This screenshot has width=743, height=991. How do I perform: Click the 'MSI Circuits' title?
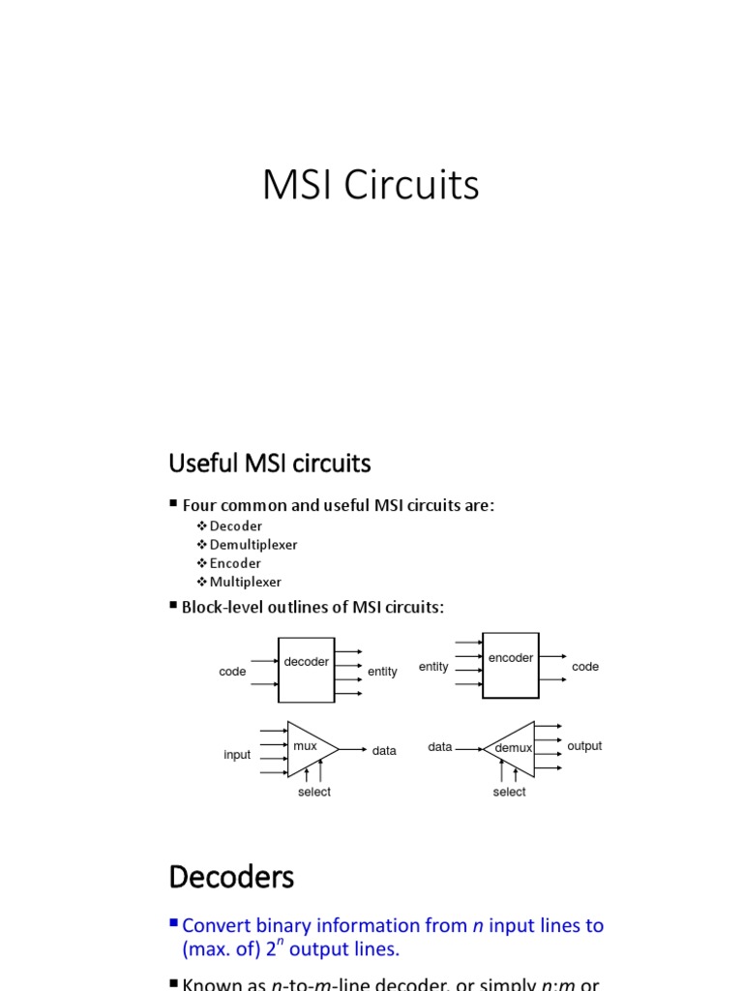pyautogui.click(x=371, y=186)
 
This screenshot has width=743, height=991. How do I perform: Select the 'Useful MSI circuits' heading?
pyautogui.click(x=269, y=465)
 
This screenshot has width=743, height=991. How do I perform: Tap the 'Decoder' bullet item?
pyautogui.click(x=235, y=526)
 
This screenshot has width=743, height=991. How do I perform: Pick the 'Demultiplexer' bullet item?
pyautogui.click(x=253, y=544)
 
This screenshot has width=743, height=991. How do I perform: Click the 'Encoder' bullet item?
pyautogui.click(x=235, y=563)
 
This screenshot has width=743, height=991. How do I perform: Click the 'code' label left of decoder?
pyautogui.click(x=232, y=672)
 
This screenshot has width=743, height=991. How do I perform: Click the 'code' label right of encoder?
pyautogui.click(x=585, y=667)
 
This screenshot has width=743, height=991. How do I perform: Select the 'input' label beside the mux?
pyautogui.click(x=237, y=755)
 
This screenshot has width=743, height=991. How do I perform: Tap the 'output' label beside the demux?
pyautogui.click(x=584, y=746)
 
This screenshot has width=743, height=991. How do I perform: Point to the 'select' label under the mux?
pyautogui.click(x=313, y=792)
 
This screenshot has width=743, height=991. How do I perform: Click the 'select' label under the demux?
pyautogui.click(x=509, y=792)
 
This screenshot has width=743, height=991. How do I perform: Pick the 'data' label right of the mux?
pyautogui.click(x=384, y=751)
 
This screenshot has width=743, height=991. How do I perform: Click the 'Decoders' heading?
pyautogui.click(x=231, y=878)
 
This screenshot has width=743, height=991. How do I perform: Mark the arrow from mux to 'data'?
pyautogui.click(x=353, y=749)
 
